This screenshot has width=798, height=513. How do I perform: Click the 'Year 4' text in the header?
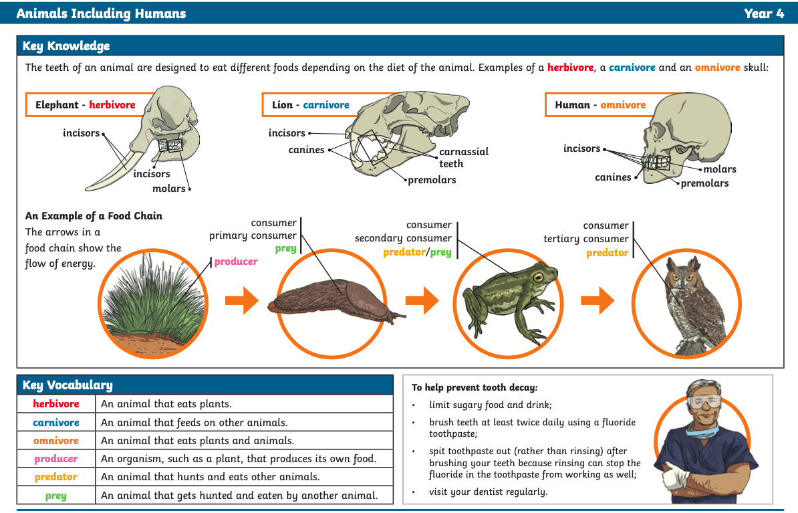pos(764,13)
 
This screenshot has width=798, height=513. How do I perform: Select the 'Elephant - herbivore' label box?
pos(86,105)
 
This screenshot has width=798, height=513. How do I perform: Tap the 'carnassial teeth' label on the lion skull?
pos(463,157)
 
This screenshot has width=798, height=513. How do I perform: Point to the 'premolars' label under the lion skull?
pos(432,180)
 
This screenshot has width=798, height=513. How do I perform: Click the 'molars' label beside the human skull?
pos(720,169)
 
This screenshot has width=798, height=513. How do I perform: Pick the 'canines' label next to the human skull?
pos(613,177)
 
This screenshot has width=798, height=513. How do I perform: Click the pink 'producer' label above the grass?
pos(236,262)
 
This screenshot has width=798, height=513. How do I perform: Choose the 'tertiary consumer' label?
pos(585,239)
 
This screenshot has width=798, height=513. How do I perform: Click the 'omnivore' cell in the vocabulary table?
pos(56,441)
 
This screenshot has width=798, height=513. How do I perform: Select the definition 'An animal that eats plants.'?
pos(166,404)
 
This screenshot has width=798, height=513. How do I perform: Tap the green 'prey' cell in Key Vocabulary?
pos(56,496)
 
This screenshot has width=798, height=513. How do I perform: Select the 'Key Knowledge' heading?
pos(66,46)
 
